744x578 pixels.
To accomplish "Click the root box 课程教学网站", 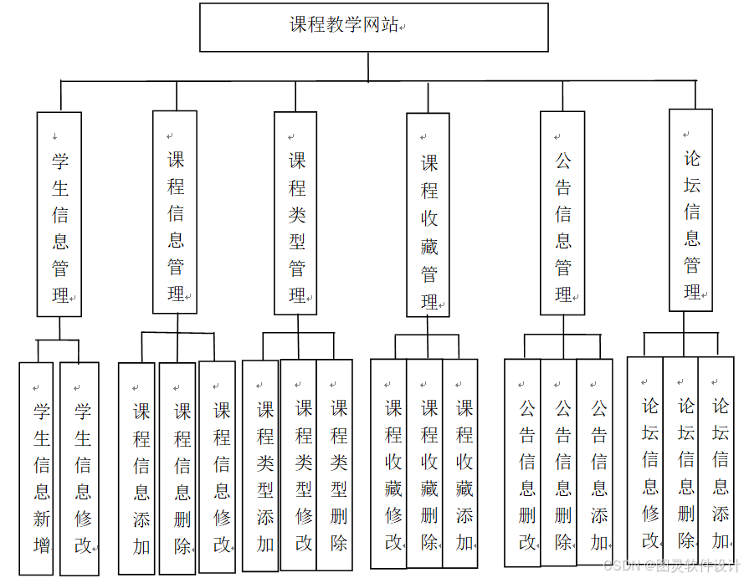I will point(373,27).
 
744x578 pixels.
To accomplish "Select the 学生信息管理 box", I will point(59,214).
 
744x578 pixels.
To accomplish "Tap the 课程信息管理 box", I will point(175,212).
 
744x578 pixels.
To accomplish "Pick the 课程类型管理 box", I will point(296,214).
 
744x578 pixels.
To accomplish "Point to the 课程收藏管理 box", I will point(428,216).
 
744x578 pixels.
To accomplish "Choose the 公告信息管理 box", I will point(562,214).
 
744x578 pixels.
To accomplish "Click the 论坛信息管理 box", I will point(691,211).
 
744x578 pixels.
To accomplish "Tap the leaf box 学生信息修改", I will point(80,468).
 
